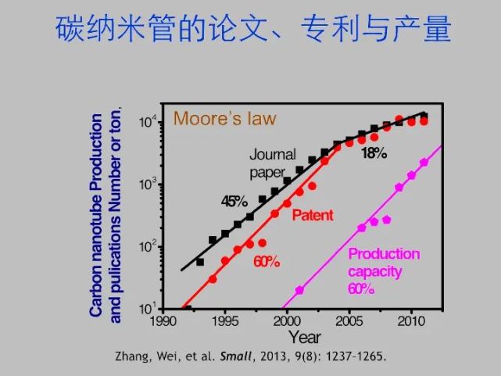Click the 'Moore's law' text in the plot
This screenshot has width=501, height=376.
click(x=225, y=119)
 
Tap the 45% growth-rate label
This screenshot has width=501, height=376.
click(x=234, y=201)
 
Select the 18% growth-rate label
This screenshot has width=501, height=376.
click(x=374, y=153)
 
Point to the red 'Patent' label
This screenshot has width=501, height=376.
click(x=313, y=214)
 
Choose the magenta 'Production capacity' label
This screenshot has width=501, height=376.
click(x=383, y=263)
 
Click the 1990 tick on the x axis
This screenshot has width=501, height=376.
click(x=164, y=320)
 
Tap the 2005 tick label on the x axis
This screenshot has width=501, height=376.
click(x=349, y=320)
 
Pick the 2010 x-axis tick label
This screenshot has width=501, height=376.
click(x=412, y=320)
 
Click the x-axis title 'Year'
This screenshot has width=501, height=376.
click(x=304, y=337)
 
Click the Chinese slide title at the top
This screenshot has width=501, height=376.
click(x=253, y=29)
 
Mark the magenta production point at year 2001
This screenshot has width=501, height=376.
click(x=299, y=290)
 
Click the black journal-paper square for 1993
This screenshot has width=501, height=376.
click(x=200, y=262)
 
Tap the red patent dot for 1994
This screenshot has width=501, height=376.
click(x=213, y=278)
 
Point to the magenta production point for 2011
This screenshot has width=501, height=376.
click(x=424, y=163)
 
